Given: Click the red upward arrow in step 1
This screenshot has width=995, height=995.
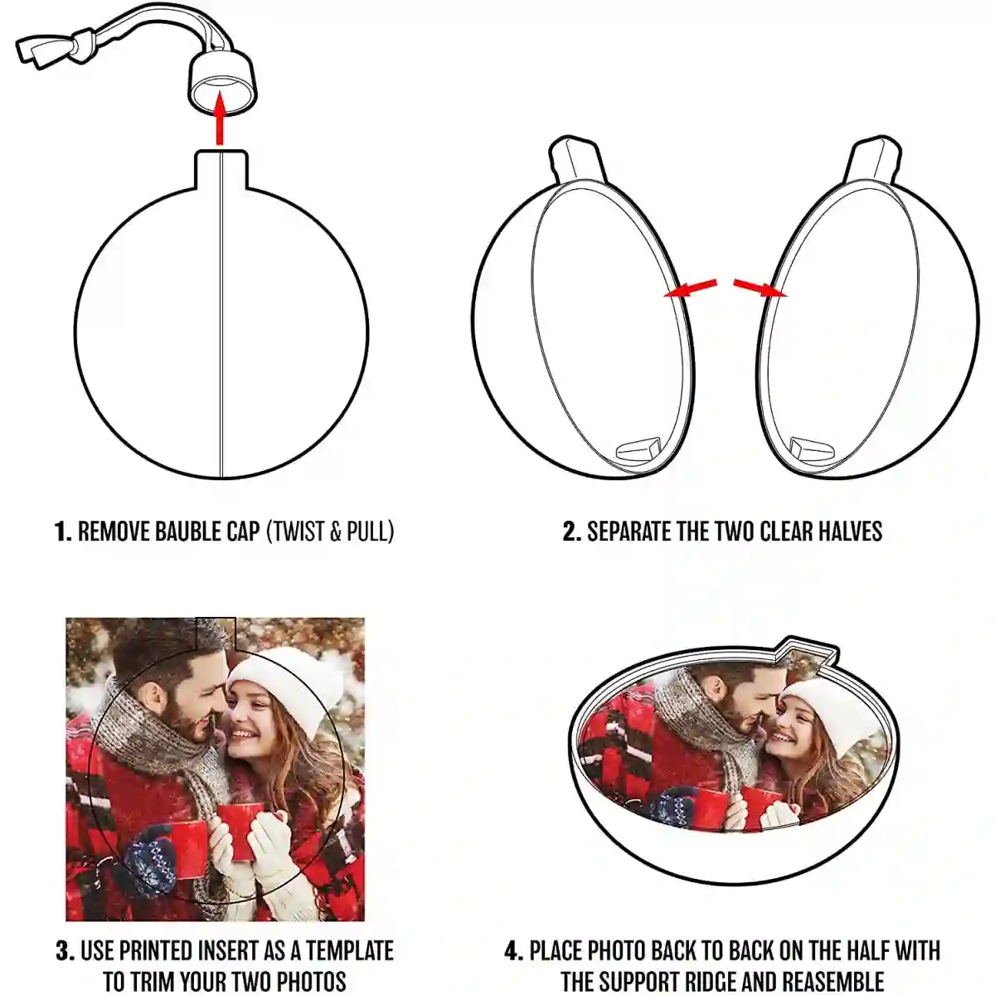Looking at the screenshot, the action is pos(220,118).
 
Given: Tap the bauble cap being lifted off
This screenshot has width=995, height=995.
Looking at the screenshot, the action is pos(222,80).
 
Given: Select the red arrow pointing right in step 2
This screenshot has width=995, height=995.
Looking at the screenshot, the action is pos(760,288).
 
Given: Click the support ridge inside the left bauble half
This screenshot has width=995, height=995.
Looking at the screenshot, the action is pos(638,449).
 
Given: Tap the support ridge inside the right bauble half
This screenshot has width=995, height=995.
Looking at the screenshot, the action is pos(813,449).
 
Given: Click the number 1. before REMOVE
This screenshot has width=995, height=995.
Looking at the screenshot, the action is pos(63,531).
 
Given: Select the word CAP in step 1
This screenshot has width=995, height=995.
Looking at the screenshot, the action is pos(243,531).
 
